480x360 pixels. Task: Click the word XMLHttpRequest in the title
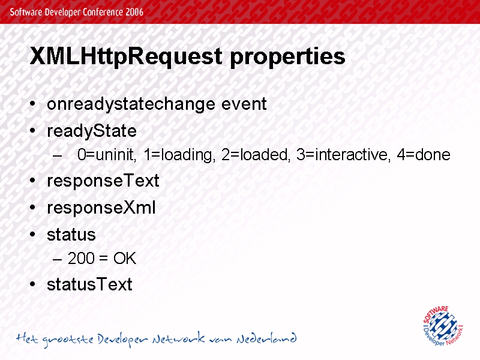click(x=126, y=56)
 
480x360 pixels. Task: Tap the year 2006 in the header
click(x=134, y=12)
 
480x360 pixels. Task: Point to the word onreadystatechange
click(x=131, y=104)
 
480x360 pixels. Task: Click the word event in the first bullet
click(x=244, y=104)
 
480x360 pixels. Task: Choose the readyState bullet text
click(x=92, y=131)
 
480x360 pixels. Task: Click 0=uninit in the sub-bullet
click(x=107, y=155)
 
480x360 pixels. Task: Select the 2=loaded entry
click(x=256, y=155)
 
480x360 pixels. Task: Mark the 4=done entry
click(x=424, y=155)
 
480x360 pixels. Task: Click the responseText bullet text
click(x=103, y=181)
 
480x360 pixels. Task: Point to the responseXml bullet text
click(x=101, y=208)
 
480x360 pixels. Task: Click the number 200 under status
click(x=81, y=259)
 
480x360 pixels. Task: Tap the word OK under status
click(x=125, y=259)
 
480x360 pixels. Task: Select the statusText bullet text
click(x=89, y=284)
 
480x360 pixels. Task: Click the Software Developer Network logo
click(x=443, y=326)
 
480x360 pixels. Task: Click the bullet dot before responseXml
click(x=33, y=208)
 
